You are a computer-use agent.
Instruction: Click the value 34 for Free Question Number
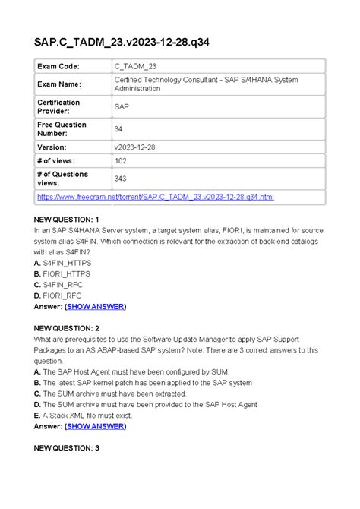[x=118, y=129]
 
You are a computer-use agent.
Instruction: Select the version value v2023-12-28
[x=139, y=147]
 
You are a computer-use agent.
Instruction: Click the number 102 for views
[x=121, y=161]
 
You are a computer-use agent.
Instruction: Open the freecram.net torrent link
[x=156, y=198]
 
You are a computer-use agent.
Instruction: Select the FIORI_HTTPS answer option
[x=62, y=273]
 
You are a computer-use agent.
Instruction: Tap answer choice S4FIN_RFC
[x=59, y=285]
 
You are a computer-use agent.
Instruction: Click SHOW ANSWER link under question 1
[x=96, y=307]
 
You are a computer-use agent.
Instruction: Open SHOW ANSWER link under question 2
[x=96, y=427]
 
